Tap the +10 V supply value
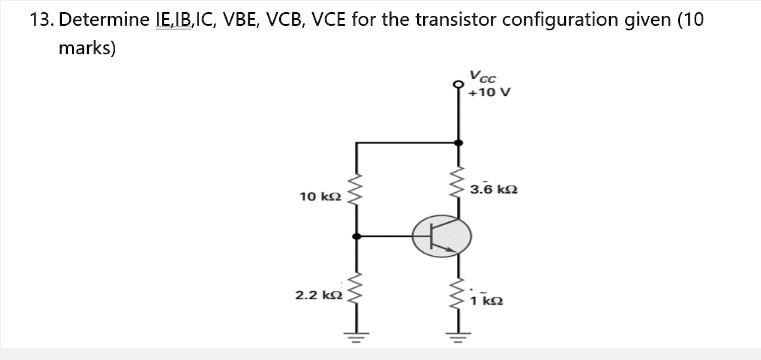pos(490,92)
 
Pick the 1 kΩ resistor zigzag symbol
pos(459,292)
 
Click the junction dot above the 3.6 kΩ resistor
pos(459,143)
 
